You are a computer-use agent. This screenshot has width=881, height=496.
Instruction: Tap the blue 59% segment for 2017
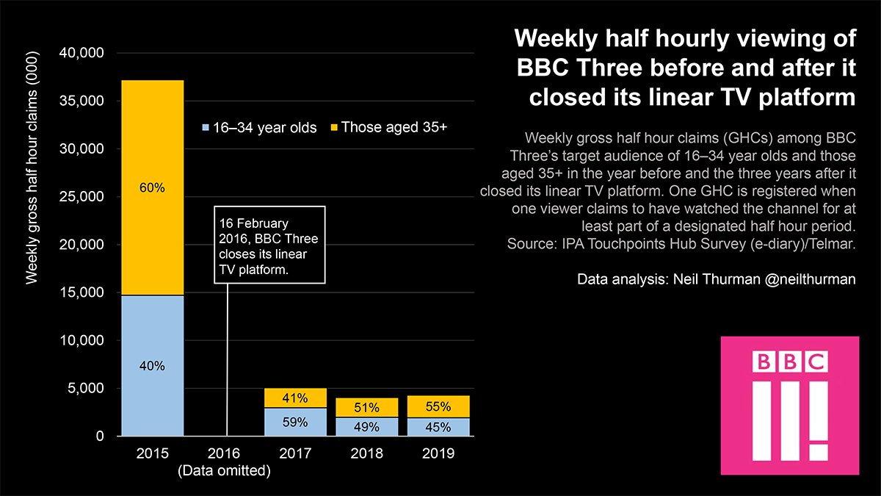294,422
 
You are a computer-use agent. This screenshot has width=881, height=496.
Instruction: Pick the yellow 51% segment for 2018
366,407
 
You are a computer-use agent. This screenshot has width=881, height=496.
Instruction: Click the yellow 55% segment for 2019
438,406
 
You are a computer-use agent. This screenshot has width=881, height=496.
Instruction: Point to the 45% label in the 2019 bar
438,427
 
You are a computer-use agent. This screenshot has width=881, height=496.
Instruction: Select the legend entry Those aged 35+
388,127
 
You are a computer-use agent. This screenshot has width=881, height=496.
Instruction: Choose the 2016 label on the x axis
224,453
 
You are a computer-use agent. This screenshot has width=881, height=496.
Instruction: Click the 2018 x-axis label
366,453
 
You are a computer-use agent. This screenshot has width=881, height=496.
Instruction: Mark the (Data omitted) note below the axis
224,471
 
